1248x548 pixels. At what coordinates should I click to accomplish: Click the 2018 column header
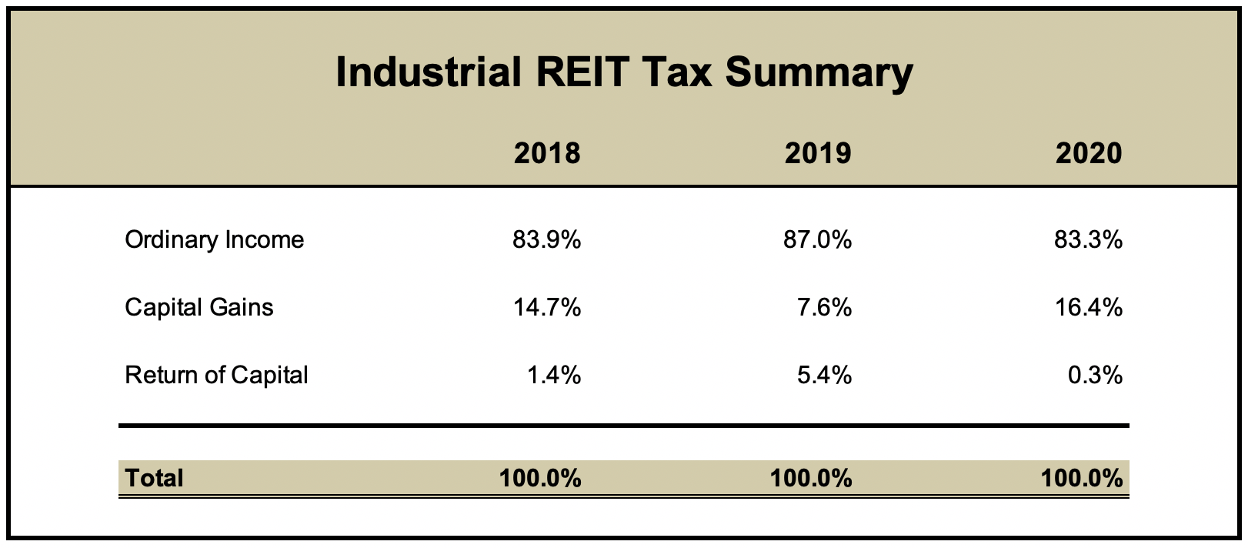pos(547,152)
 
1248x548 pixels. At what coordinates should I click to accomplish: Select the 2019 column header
pos(818,152)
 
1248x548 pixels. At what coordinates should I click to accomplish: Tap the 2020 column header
pos(1089,152)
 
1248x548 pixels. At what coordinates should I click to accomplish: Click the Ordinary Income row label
pos(214,239)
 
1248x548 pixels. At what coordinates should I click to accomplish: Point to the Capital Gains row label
pos(199,307)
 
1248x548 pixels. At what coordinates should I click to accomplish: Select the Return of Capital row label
pos(216,375)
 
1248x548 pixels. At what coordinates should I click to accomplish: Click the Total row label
pos(154,478)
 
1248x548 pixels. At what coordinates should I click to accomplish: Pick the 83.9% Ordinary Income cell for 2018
pos(547,239)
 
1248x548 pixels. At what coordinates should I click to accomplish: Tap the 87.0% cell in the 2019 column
pos(818,239)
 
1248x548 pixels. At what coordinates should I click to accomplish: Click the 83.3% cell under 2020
pos(1089,239)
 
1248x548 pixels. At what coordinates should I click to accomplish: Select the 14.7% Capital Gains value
pos(547,307)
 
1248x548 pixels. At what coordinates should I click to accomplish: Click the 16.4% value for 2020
pos(1089,307)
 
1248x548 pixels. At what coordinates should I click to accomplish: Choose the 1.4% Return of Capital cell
pos(554,375)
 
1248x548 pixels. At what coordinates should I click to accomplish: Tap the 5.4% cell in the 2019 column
pos(825,375)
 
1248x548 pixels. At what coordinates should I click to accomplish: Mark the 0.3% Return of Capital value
pos(1096,375)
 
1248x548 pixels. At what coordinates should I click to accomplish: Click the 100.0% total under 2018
pos(540,478)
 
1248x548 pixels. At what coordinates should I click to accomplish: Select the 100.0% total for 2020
pos(1082,478)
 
